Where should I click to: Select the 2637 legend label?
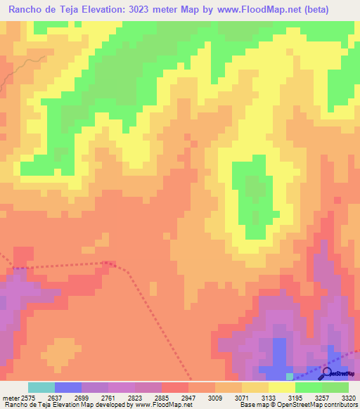pos(54,397)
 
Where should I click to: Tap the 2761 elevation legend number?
pos(108,397)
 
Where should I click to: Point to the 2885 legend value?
pos(161,397)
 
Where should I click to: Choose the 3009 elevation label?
pos(214,397)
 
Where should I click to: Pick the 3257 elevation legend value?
pos(321,397)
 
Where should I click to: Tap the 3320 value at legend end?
pos(349,397)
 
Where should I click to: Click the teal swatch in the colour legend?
pos(41,387)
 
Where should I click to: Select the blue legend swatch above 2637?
pos(67,387)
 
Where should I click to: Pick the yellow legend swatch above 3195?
pos(281,387)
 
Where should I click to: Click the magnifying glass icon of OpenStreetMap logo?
pos(326,371)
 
